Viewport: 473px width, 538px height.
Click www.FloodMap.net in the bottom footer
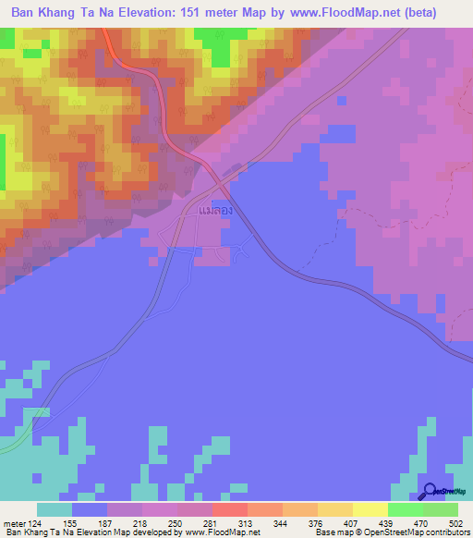coord(222,532)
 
